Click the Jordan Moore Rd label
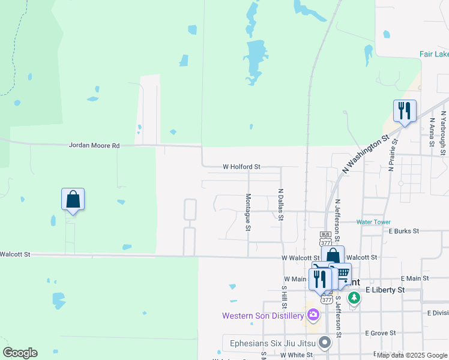94,145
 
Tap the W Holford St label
241,167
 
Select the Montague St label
247,212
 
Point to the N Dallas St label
280,205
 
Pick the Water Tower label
373,222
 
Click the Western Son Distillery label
263,316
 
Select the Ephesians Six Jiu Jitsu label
273,343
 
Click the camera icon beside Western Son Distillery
313,315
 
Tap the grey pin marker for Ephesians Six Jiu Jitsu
325,343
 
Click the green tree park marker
354,297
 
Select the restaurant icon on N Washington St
405,110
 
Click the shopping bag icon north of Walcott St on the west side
73,199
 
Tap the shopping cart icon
340,274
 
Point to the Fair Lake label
433,54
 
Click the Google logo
20,353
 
